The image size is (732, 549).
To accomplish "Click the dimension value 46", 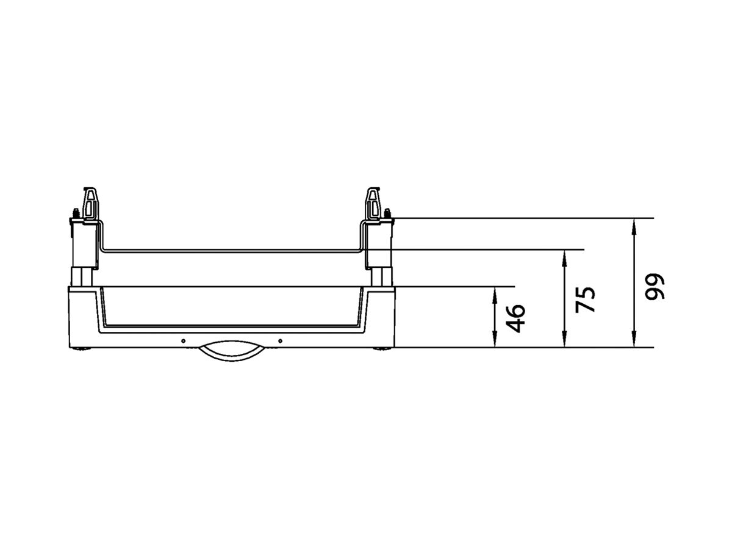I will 516,317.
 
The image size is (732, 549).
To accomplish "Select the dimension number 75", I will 584,299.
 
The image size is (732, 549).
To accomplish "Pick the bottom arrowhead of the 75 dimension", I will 565,342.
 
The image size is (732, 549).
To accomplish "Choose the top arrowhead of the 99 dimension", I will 634,224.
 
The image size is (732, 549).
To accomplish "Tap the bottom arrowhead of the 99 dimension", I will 634,342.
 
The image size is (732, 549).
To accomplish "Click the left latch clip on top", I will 90,204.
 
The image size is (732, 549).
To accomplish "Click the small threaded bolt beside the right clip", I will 387,213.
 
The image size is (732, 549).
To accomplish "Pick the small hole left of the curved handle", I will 182,340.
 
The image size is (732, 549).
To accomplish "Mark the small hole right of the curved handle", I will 280,340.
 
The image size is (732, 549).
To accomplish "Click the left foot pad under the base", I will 81,350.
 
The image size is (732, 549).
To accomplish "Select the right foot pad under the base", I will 382,350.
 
